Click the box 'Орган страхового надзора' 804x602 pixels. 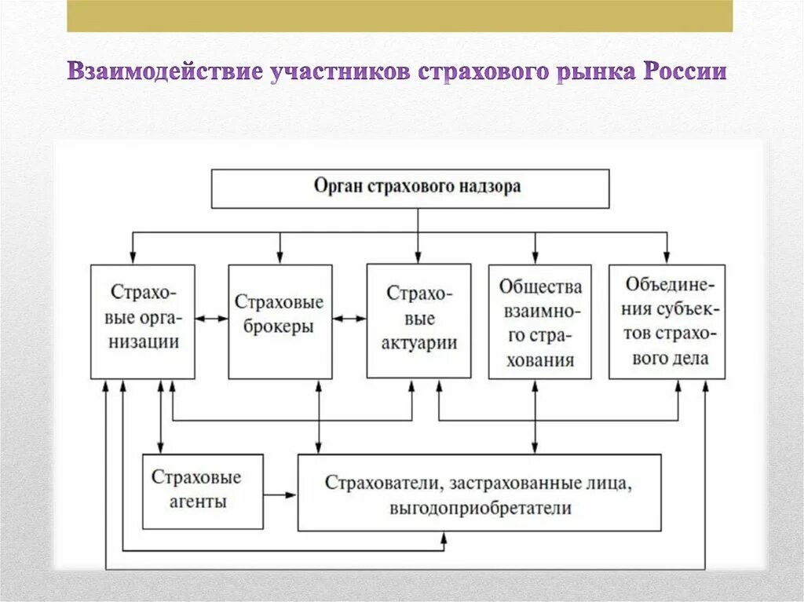[x=410, y=188]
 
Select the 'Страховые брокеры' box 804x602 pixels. [x=280, y=321]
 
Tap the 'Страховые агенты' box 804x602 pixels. [x=196, y=491]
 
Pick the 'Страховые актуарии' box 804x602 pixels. [x=418, y=320]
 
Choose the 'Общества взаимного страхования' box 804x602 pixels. [x=540, y=322]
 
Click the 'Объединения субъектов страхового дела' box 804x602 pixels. [x=667, y=321]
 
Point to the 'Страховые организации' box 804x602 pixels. [x=143, y=321]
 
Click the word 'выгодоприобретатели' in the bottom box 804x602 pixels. [x=479, y=508]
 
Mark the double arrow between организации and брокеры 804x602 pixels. [x=211, y=319]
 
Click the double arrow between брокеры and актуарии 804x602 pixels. [x=349, y=319]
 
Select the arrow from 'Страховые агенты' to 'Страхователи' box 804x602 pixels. [x=280, y=494]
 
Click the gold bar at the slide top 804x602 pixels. [x=400, y=16]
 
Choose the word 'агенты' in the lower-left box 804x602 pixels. [x=196, y=502]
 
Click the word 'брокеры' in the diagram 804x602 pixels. [x=280, y=327]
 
